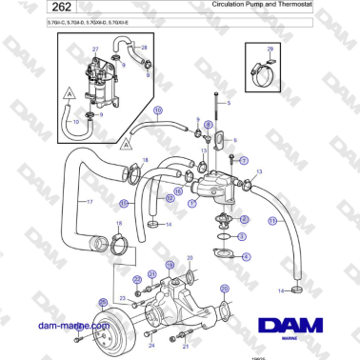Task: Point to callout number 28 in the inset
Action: point(144,46)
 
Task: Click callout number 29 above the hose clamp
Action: point(270,49)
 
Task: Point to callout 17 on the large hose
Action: point(89,203)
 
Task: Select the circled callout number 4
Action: point(247,256)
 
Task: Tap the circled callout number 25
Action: point(103,302)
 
